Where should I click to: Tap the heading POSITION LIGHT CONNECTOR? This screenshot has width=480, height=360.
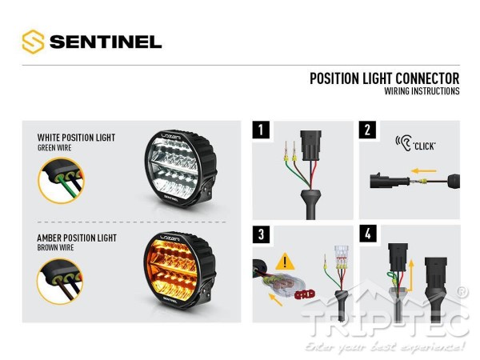click(x=384, y=78)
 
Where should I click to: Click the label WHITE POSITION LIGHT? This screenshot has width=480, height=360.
click(x=76, y=138)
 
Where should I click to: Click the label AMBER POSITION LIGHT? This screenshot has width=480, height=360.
click(x=76, y=238)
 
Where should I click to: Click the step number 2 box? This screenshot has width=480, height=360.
click(x=367, y=130)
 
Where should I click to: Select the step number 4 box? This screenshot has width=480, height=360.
click(x=367, y=234)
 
